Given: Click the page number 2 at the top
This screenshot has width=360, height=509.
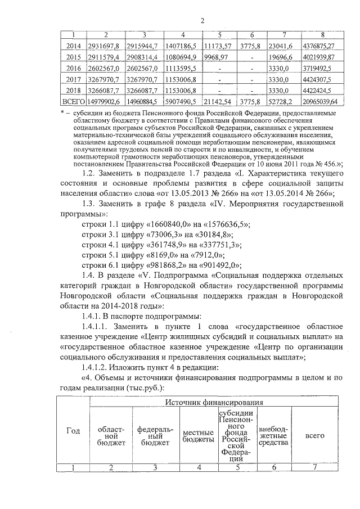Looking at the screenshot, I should [x=201, y=21].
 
